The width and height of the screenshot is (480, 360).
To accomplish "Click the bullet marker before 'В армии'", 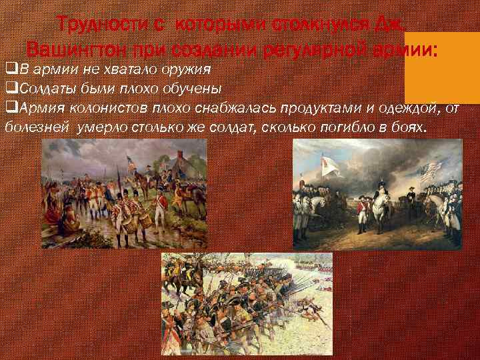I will [9, 69].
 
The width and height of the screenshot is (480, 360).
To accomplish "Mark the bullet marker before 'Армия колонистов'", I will [9, 108].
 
